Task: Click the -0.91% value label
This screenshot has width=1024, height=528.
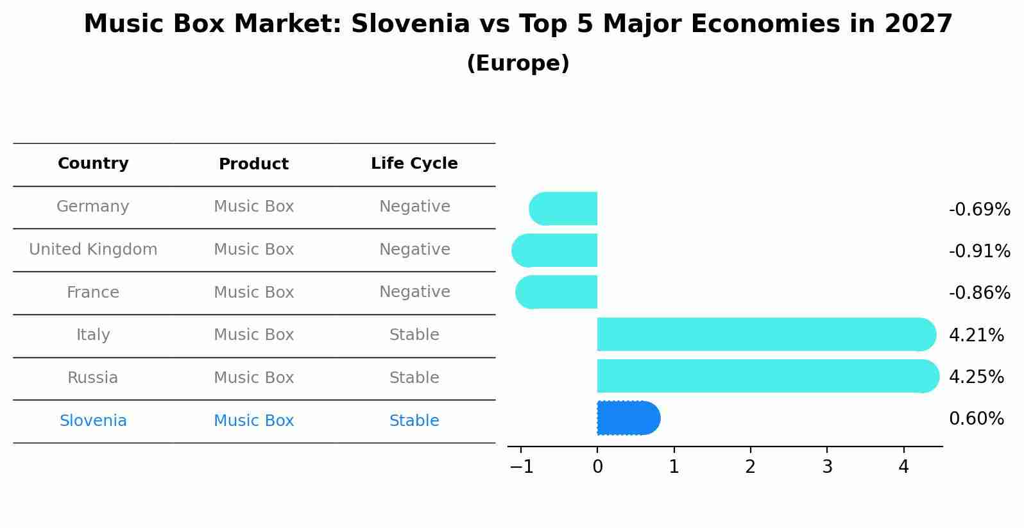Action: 979,251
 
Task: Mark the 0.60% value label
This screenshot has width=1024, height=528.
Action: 976,419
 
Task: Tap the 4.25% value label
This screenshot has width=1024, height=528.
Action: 976,377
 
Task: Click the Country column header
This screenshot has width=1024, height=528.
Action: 93,164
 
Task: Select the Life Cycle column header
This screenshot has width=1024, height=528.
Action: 414,164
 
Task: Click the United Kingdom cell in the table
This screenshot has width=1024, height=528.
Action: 93,250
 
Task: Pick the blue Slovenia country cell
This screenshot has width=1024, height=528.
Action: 93,421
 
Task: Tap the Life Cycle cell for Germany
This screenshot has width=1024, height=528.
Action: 414,207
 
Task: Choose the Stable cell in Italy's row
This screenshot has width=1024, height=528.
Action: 414,335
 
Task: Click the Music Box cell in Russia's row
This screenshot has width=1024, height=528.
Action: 253,378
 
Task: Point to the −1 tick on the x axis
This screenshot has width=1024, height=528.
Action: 522,466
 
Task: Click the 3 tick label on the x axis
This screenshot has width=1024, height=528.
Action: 827,466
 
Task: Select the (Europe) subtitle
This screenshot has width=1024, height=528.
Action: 518,64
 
